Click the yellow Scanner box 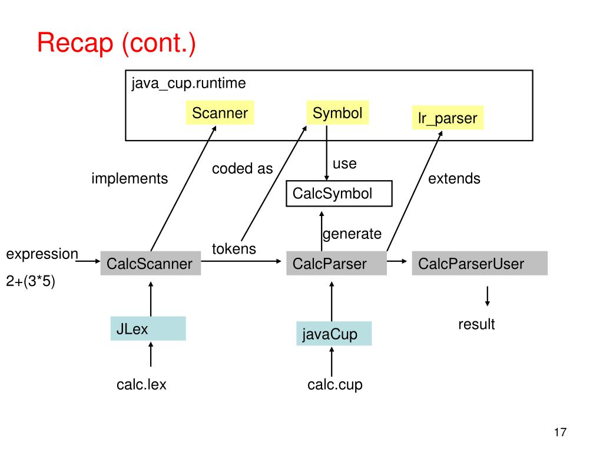(x=220, y=113)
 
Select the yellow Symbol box (x=337, y=113)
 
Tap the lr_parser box (x=448, y=118)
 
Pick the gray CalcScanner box (x=150, y=264)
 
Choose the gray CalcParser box (x=336, y=264)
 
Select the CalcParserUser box (x=479, y=264)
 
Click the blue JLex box (x=148, y=329)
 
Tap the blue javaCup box (x=334, y=334)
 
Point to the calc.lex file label (x=141, y=385)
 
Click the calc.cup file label (x=335, y=385)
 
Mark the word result (x=477, y=324)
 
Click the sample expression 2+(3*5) (x=31, y=282)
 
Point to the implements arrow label (x=130, y=178)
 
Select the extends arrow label (x=454, y=178)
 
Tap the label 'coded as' (x=243, y=169)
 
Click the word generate (x=352, y=234)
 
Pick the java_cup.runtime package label (x=188, y=83)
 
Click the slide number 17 (x=560, y=433)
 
